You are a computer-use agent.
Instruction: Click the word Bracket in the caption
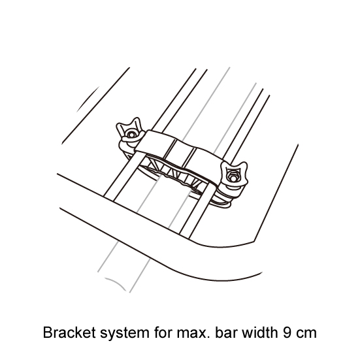tap(69, 332)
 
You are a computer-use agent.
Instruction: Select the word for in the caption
tap(163, 332)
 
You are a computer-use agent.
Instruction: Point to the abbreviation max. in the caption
tap(193, 334)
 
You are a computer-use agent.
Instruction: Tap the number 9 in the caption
tap(287, 333)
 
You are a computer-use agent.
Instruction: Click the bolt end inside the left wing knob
tap(131, 135)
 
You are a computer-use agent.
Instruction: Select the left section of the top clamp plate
tap(156, 144)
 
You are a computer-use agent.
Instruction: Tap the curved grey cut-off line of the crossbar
tap(116, 284)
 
